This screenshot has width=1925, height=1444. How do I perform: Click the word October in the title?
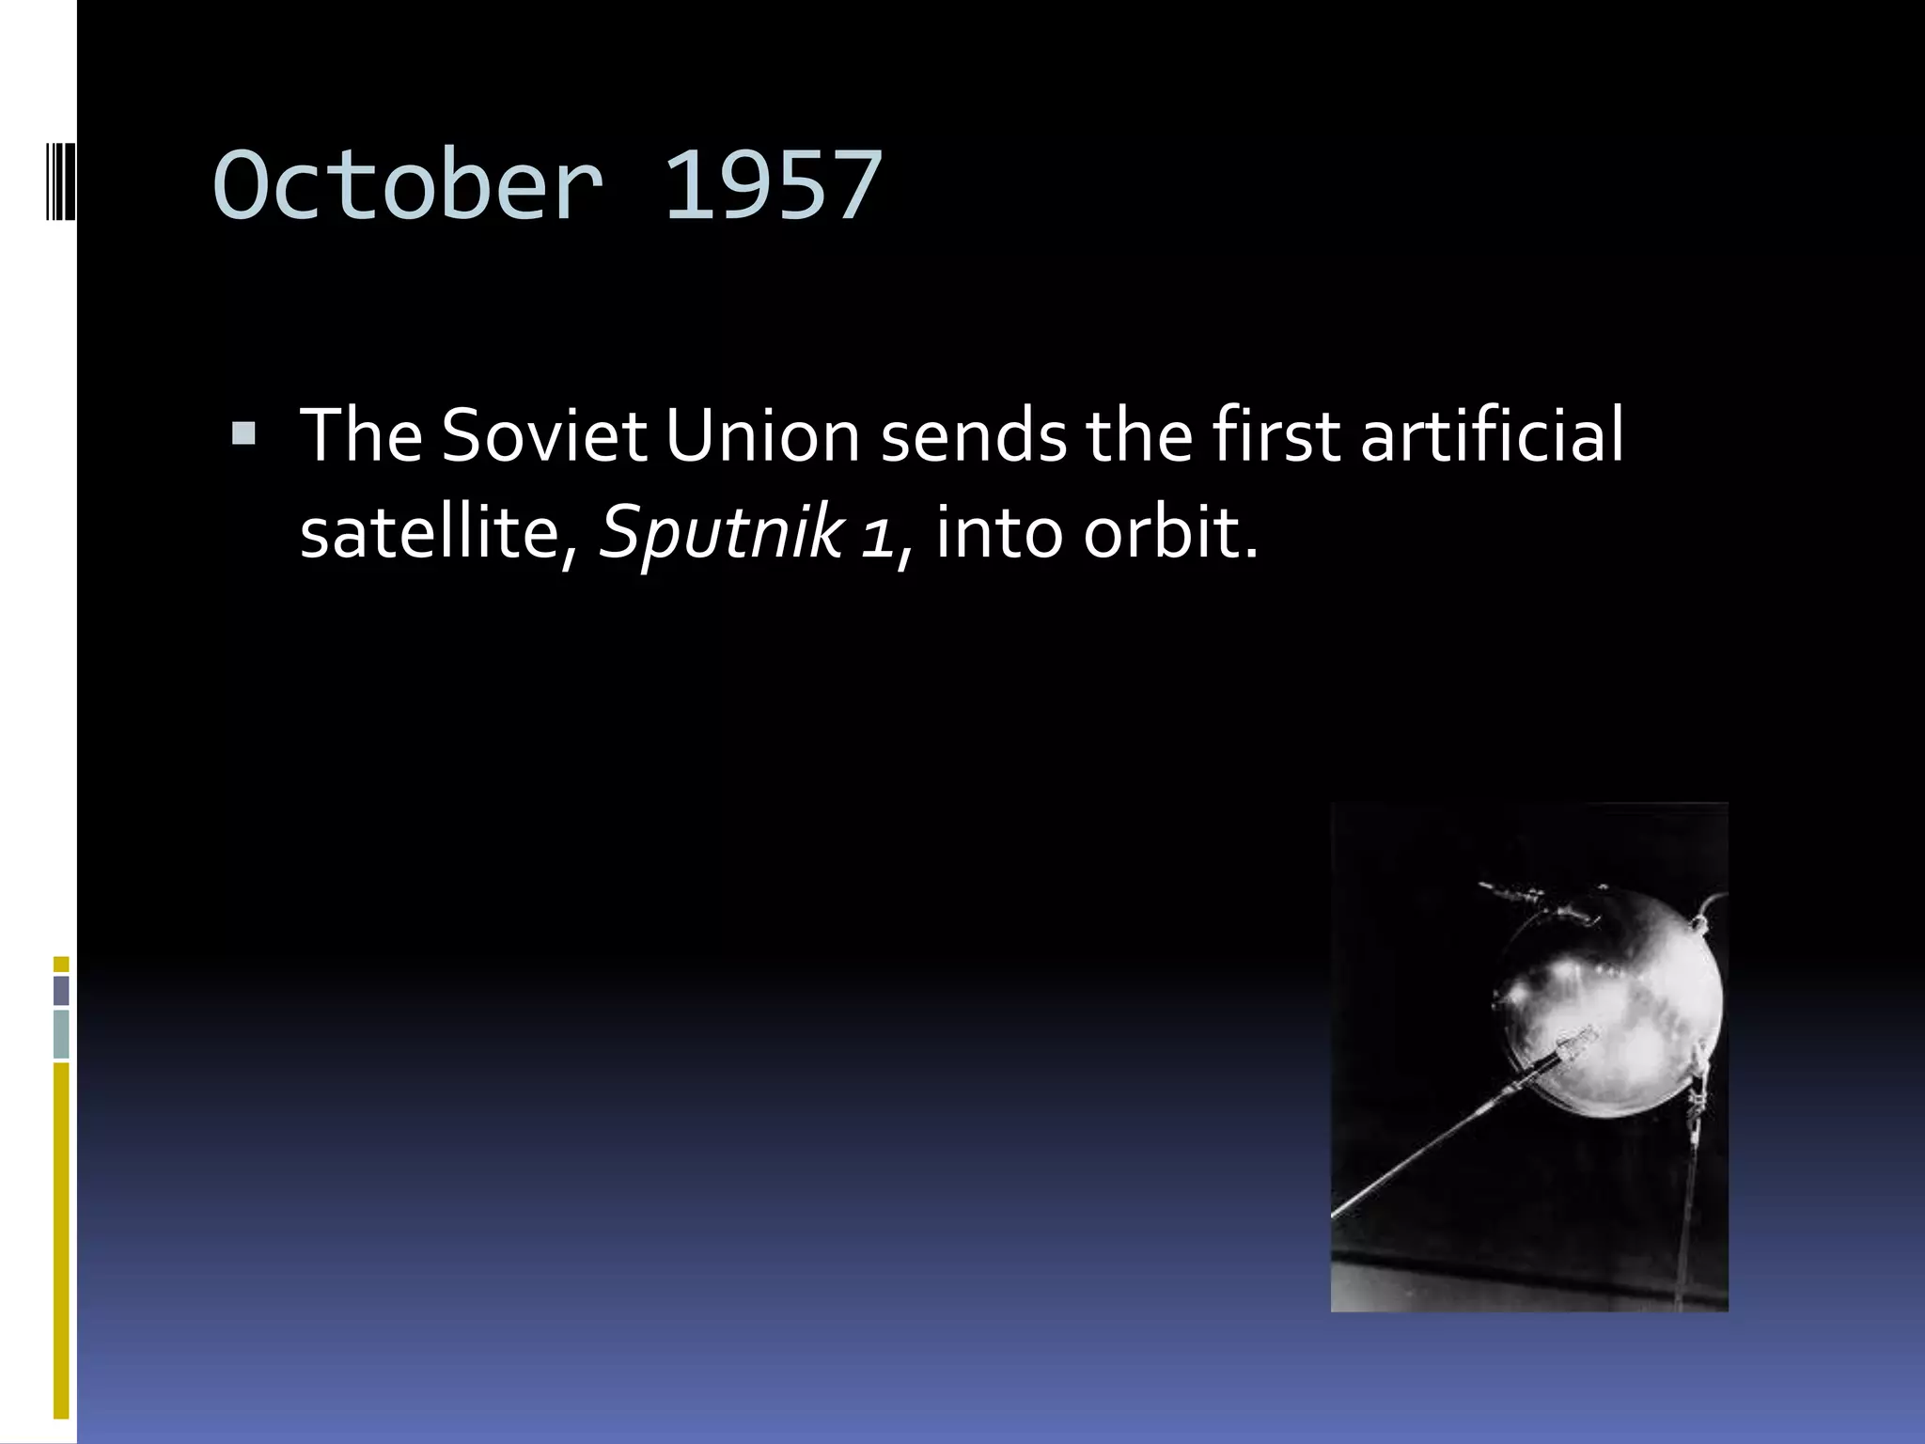pos(407,185)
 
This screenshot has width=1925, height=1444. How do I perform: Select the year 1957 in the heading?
pos(773,185)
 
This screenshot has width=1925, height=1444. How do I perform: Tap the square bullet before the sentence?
pos(243,433)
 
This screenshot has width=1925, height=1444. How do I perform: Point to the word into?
pos(1000,532)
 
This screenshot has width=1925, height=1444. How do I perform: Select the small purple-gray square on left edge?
pos(61,990)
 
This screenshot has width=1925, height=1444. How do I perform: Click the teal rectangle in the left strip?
pos(61,1033)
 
